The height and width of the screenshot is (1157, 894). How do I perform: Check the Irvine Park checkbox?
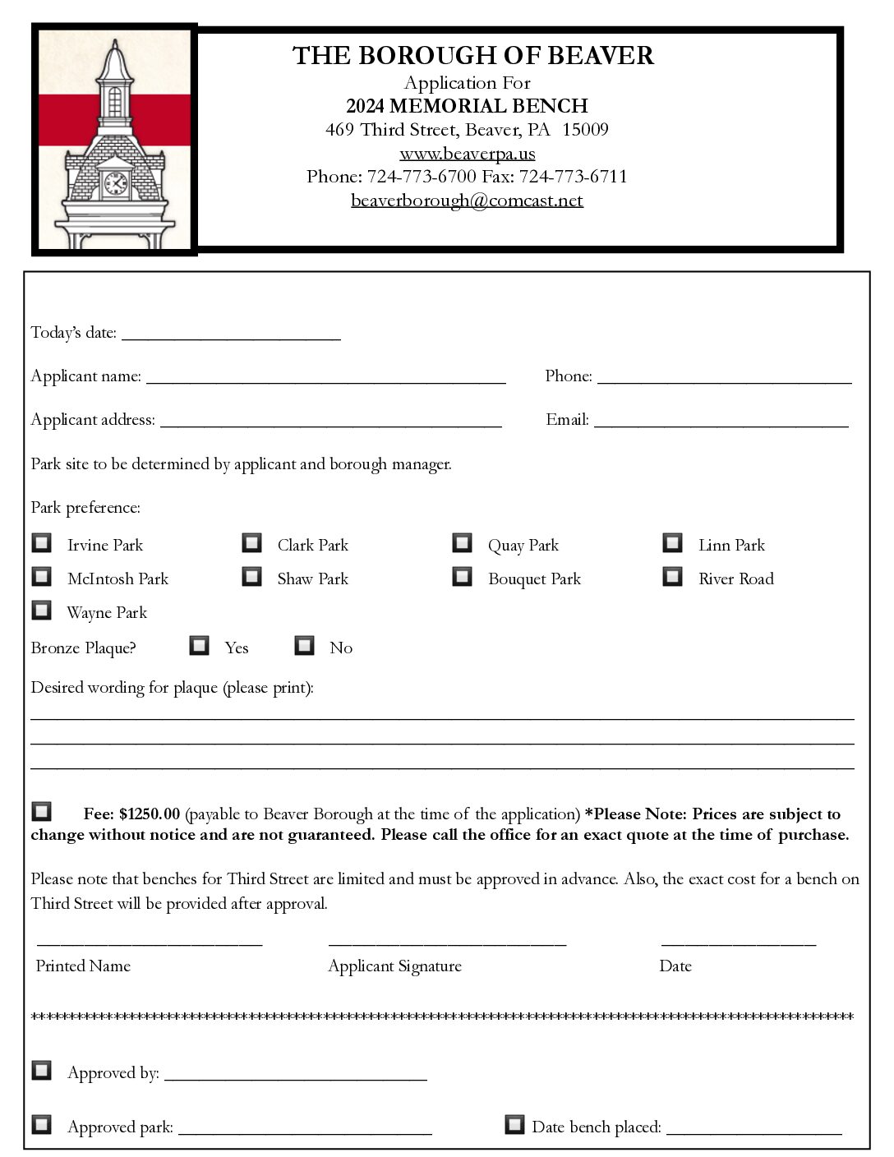(x=41, y=543)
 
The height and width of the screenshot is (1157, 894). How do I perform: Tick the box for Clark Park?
(x=251, y=543)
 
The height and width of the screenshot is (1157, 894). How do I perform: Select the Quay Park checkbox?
(x=462, y=543)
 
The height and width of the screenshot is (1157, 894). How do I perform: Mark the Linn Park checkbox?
(x=672, y=543)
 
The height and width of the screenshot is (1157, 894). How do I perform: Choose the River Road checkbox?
(x=672, y=577)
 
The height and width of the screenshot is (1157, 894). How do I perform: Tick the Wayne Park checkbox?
(x=41, y=611)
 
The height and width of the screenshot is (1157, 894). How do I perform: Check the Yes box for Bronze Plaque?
(x=199, y=646)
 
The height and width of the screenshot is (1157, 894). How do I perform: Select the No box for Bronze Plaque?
(x=304, y=646)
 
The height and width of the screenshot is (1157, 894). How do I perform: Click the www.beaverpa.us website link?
(x=467, y=154)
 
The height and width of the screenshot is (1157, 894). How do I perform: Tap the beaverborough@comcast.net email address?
(x=467, y=201)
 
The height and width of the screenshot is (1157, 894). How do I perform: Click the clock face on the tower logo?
(x=116, y=182)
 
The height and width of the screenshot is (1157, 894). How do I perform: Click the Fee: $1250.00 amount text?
(x=131, y=814)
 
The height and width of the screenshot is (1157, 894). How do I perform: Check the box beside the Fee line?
(x=41, y=812)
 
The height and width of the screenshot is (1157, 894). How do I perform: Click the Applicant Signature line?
(x=447, y=942)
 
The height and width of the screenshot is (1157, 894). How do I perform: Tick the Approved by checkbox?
(x=41, y=1071)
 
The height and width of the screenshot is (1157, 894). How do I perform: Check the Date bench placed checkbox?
(x=514, y=1124)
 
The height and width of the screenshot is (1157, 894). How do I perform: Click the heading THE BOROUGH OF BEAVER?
(x=472, y=56)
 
